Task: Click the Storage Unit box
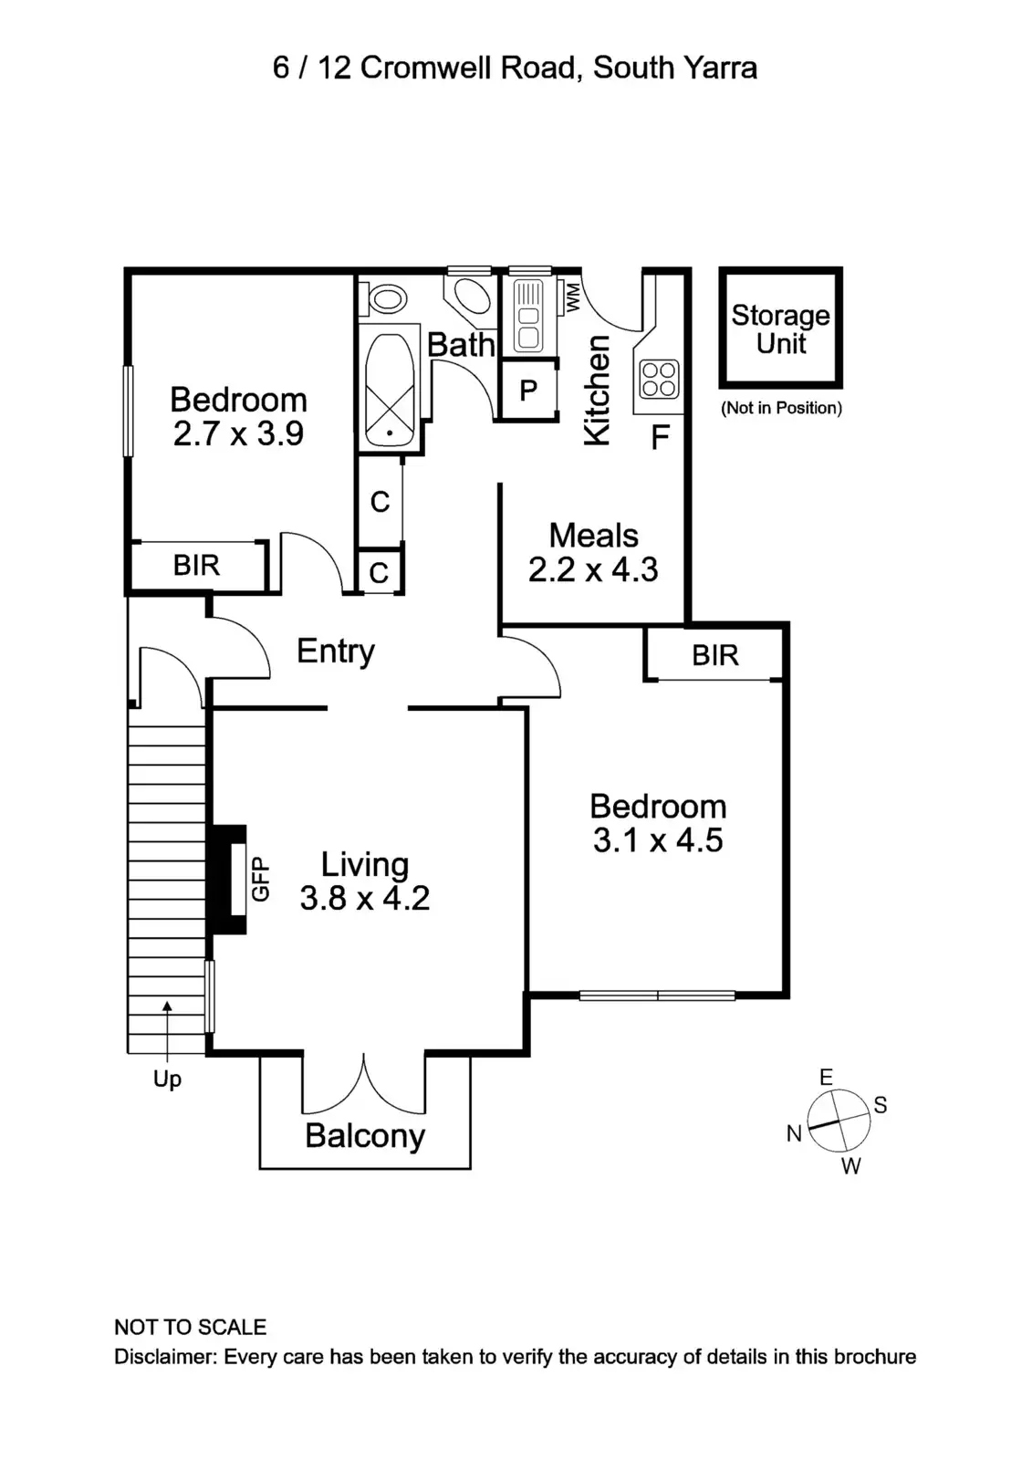click(780, 328)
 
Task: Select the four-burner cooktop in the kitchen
click(659, 381)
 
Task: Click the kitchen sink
click(528, 316)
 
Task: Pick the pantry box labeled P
click(527, 391)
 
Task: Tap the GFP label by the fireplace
click(261, 880)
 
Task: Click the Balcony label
click(365, 1136)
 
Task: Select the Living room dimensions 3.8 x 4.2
click(364, 899)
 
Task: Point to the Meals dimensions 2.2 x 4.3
click(593, 570)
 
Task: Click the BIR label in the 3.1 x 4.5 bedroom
click(714, 655)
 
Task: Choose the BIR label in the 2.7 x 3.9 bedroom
click(196, 566)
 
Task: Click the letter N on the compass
click(794, 1133)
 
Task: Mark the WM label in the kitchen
click(573, 297)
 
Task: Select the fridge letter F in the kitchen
click(660, 439)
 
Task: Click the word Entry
click(336, 652)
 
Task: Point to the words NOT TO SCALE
click(190, 1328)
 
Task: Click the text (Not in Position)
click(781, 408)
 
